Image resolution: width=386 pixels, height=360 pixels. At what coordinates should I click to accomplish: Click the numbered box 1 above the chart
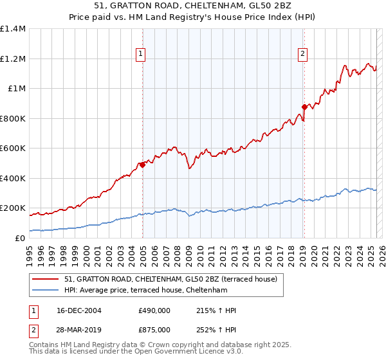tap(140, 55)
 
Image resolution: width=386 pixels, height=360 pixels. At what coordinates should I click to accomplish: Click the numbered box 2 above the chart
tap(302, 55)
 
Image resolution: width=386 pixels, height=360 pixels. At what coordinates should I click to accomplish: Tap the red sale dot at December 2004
tap(142, 165)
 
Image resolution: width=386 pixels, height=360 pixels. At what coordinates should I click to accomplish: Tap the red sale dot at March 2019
tap(304, 107)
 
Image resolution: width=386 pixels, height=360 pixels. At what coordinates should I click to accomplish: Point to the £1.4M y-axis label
tap(13, 29)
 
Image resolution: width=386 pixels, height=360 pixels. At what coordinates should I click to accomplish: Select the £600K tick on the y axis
tap(13, 148)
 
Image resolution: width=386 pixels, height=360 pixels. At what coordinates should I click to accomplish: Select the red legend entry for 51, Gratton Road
tap(170, 279)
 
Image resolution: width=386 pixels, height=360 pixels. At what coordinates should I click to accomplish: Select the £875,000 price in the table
tap(154, 330)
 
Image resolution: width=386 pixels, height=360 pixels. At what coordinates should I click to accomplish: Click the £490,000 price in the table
tap(154, 310)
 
